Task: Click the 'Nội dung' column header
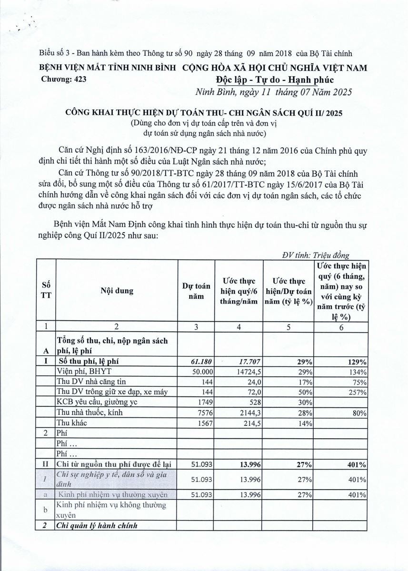[x=117, y=290]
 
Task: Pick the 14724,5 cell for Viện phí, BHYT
[x=244, y=372]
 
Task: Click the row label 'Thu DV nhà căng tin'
[x=87, y=382]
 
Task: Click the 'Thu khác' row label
[x=72, y=423]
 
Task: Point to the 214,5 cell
[x=249, y=423]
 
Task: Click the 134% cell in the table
[x=358, y=372]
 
